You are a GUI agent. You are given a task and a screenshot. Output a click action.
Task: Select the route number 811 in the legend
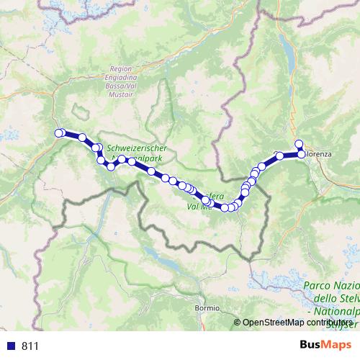pos(30,346)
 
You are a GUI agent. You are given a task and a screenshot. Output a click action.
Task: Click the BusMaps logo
pos(321,345)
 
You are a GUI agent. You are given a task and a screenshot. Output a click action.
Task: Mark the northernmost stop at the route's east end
pos(299,143)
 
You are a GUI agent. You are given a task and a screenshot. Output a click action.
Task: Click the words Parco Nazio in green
pos(330,286)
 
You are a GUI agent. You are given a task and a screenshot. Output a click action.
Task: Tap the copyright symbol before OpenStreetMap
pos(237,322)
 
